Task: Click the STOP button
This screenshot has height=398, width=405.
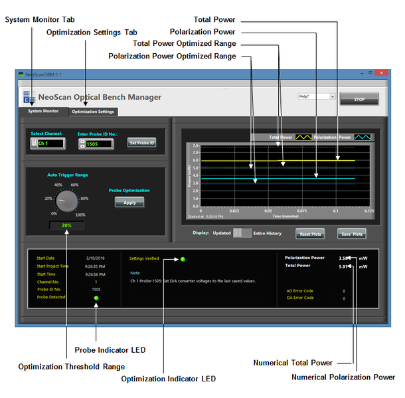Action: point(359,98)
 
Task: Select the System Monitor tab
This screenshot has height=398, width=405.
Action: point(43,111)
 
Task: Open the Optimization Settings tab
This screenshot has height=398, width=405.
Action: point(93,112)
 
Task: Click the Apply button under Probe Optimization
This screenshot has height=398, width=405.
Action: point(129,203)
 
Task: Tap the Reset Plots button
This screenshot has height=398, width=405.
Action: point(311,234)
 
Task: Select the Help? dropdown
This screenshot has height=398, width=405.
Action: point(317,96)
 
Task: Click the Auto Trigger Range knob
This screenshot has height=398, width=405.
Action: point(66,199)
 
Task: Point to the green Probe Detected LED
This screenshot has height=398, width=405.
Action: point(96,298)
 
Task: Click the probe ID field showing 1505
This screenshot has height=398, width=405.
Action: point(100,143)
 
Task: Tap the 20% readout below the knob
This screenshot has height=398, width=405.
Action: point(66,225)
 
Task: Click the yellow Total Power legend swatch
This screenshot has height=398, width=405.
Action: point(303,137)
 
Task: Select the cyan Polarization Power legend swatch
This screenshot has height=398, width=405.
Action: point(362,137)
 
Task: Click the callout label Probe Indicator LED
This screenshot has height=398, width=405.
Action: point(110,350)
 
